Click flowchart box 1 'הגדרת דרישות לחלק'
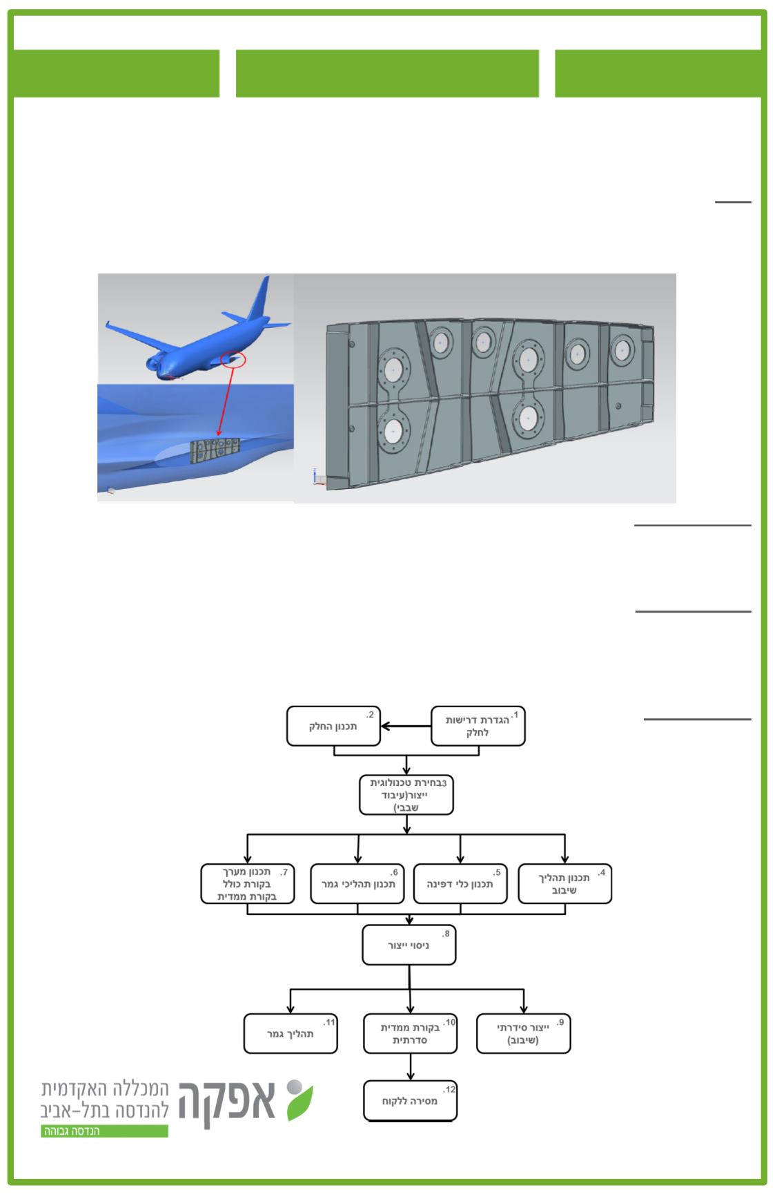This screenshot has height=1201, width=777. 478,726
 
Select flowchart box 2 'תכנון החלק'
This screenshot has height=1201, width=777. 333,726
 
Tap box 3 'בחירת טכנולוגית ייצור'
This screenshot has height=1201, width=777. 407,795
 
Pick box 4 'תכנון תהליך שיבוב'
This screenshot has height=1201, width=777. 564,883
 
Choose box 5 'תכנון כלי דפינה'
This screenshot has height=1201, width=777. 460,883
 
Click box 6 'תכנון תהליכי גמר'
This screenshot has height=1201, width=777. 357,883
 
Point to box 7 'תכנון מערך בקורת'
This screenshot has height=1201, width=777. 248,883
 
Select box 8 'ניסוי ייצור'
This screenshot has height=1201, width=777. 409,945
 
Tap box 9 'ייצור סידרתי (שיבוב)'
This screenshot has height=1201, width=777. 523,1034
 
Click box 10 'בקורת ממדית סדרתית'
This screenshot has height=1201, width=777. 411,1034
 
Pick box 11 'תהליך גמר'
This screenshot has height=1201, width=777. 291,1034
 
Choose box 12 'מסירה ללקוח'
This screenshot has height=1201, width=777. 410,1101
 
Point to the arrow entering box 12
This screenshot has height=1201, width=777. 411,1068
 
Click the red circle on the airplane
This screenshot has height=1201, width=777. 233,359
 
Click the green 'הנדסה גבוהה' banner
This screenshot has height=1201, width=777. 104,1131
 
